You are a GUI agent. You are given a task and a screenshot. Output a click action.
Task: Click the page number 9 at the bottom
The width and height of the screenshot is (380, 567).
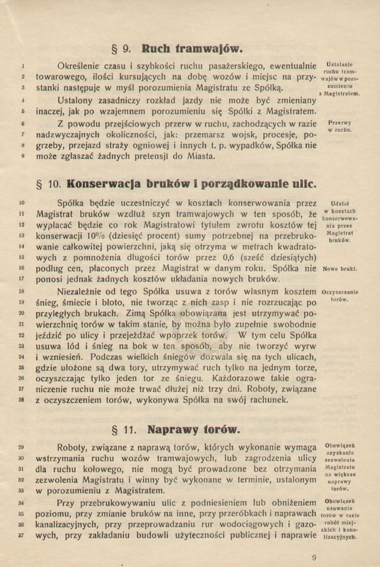pyautogui.click(x=313, y=558)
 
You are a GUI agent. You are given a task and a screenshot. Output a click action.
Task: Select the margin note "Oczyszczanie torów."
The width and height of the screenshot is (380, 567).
pyautogui.click(x=340, y=295)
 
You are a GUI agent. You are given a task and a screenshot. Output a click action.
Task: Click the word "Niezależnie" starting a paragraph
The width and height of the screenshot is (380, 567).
pyautogui.click(x=83, y=291)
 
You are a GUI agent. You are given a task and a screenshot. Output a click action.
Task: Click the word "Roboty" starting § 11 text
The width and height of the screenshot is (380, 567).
pyautogui.click(x=74, y=447)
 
